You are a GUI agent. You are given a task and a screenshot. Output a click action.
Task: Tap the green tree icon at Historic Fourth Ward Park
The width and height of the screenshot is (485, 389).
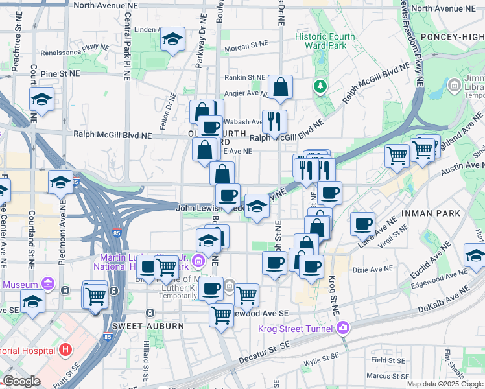319,86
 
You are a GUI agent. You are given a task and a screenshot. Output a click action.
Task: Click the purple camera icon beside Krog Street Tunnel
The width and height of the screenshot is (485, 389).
342,327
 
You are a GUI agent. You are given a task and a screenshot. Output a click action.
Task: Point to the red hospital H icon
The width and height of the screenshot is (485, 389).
65,351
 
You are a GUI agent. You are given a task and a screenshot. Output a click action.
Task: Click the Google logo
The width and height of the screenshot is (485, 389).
21,381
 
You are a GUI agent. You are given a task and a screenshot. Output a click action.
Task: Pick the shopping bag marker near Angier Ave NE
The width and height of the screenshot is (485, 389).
280,86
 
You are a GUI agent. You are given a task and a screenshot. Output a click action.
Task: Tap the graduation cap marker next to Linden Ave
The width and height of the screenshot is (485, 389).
172,39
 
